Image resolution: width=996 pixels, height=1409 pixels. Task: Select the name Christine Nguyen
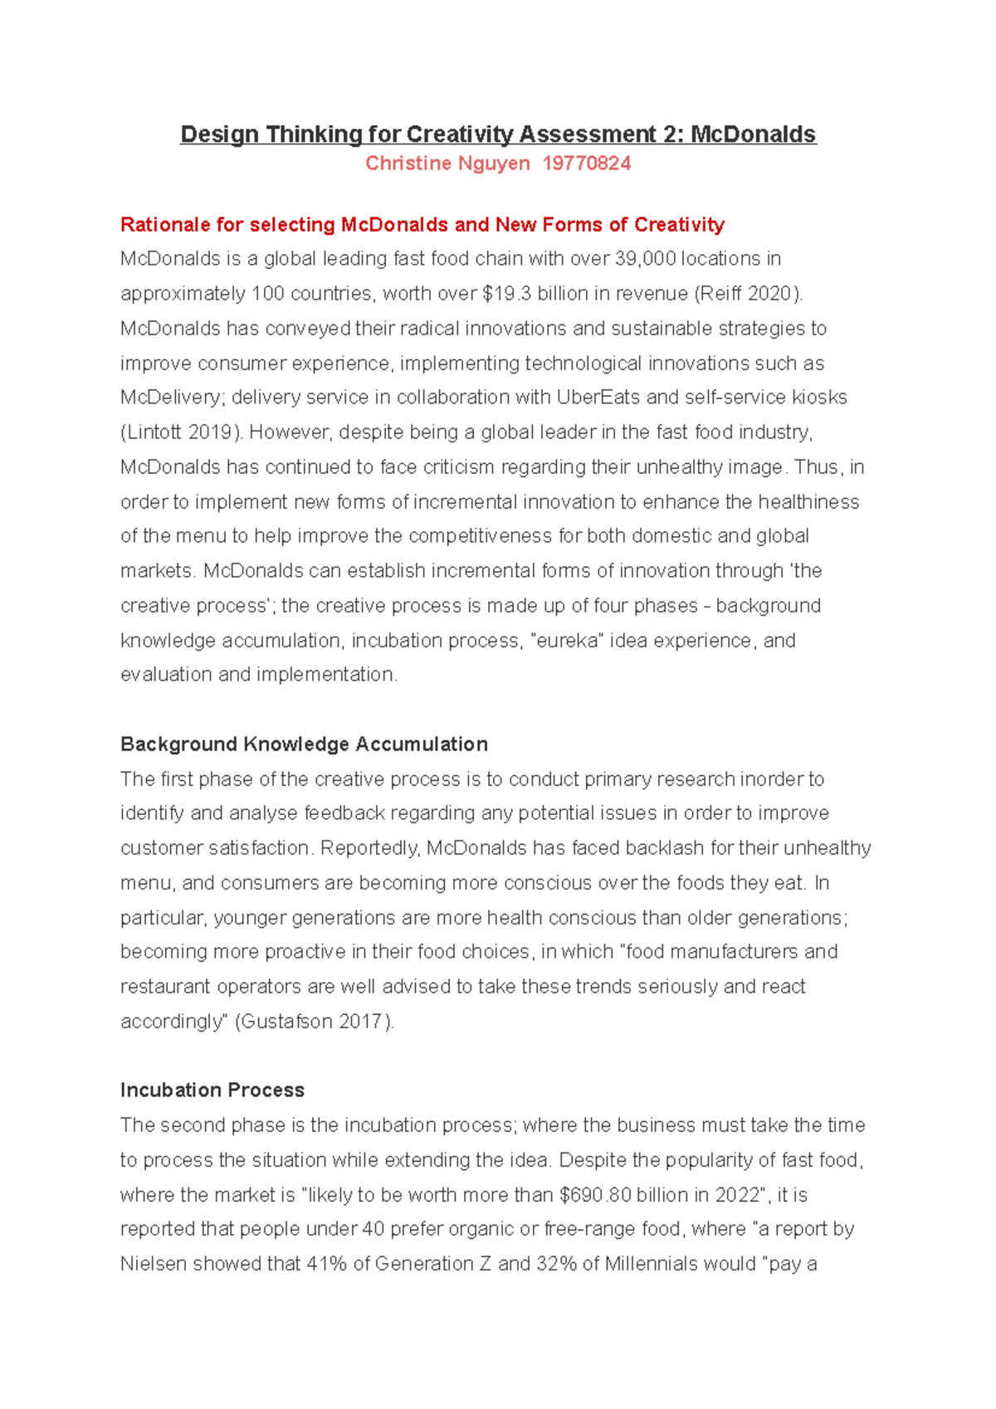(x=447, y=163)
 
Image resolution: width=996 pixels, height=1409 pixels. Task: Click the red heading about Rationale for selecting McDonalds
(x=422, y=225)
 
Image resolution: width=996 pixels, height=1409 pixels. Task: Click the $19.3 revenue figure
(x=506, y=294)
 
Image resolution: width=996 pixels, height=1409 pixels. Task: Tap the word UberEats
(x=598, y=397)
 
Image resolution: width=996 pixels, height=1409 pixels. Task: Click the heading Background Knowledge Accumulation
(x=304, y=744)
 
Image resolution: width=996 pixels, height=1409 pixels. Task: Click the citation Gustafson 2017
(x=312, y=1021)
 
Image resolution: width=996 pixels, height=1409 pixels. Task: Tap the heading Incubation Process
(x=212, y=1090)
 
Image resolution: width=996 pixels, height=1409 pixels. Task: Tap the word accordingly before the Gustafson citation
(x=173, y=1021)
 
